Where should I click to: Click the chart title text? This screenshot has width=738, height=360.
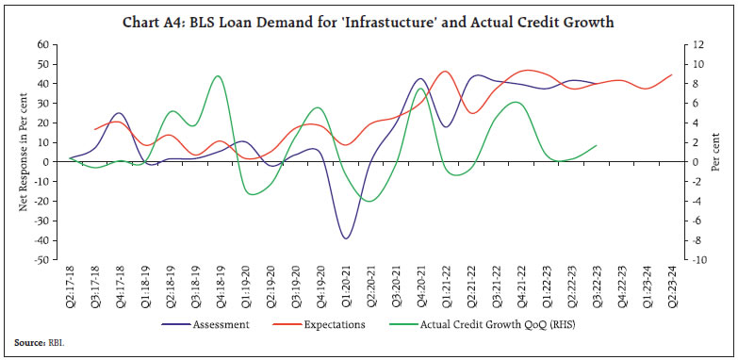(x=369, y=23)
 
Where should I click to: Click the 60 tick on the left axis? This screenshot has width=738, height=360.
(x=42, y=44)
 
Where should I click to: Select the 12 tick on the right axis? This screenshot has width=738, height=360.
(x=698, y=44)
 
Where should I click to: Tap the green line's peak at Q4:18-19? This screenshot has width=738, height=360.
(x=218, y=76)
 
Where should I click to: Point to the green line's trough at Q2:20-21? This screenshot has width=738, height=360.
(x=369, y=201)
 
